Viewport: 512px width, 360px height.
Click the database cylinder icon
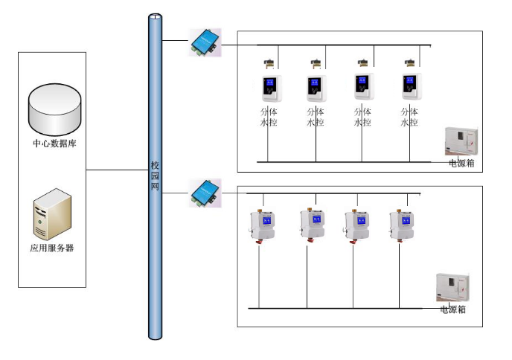pyautogui.click(x=54, y=108)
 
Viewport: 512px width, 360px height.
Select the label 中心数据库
pyautogui.click(x=54, y=144)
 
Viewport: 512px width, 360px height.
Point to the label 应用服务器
pyautogui.click(x=51, y=248)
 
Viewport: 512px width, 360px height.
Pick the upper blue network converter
pyautogui.click(x=203, y=42)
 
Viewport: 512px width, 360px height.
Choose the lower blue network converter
pyautogui.click(x=203, y=192)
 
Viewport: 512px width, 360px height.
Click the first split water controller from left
pyautogui.click(x=269, y=89)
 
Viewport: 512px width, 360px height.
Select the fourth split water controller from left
pyautogui.click(x=410, y=88)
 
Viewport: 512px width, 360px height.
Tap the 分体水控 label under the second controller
pyautogui.click(x=316, y=117)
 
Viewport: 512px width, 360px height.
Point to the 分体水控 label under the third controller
pyautogui.click(x=362, y=117)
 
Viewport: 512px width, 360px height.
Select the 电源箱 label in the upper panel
pyautogui.click(x=463, y=161)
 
